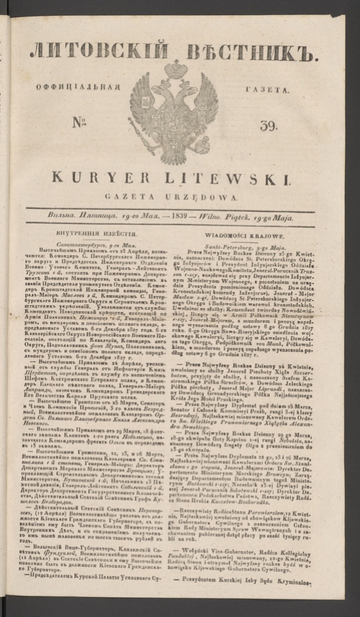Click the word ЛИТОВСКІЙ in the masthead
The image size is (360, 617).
point(95,50)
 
